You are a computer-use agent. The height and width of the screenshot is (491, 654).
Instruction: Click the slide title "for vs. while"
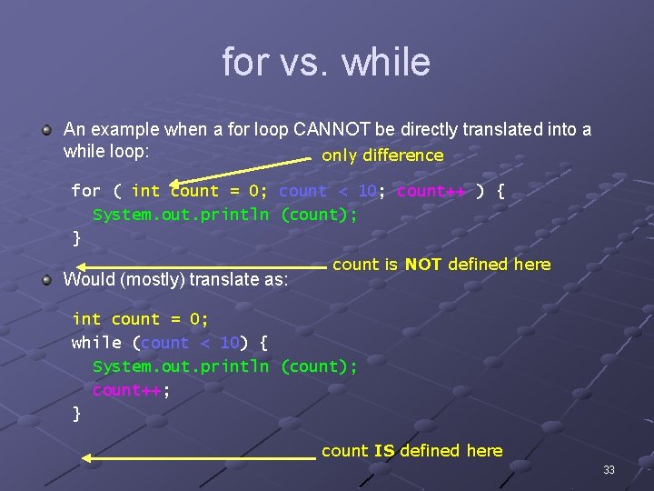tap(326, 62)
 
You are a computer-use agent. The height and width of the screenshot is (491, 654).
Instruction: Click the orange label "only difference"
tap(382, 155)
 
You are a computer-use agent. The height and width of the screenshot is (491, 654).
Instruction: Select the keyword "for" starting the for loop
tap(86, 191)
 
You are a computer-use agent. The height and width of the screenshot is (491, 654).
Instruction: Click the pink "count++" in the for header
tap(431, 191)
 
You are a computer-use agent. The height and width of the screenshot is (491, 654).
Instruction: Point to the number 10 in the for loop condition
tap(367, 191)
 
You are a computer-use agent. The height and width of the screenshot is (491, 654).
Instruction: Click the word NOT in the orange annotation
tap(423, 265)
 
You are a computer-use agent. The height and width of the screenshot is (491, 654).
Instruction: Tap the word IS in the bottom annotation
tap(384, 451)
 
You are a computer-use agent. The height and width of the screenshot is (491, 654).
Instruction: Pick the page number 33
tap(609, 470)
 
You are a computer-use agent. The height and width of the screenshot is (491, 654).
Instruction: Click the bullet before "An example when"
tap(46, 130)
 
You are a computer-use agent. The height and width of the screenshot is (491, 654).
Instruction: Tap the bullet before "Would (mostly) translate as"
tap(46, 279)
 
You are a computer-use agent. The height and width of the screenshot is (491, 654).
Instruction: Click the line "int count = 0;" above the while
tap(140, 319)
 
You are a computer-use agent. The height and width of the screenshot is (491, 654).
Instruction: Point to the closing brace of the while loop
tap(76, 414)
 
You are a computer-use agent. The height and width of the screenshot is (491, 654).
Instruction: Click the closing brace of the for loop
tap(76, 238)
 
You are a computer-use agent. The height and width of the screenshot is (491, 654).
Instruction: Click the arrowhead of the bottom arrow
tap(88, 458)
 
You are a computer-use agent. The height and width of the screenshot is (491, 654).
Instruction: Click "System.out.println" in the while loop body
tap(181, 366)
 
